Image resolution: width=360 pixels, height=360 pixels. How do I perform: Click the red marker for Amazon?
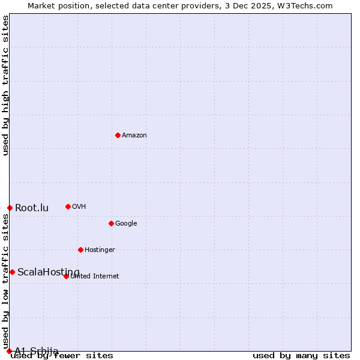click(x=118, y=135)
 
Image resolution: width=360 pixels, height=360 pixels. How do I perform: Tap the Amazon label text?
click(x=134, y=136)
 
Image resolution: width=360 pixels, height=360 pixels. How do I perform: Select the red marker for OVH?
click(x=68, y=206)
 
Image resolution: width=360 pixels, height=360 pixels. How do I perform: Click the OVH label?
click(x=79, y=207)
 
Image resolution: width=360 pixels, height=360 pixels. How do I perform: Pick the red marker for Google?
click(x=111, y=223)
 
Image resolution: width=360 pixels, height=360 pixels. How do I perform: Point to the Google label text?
click(x=126, y=224)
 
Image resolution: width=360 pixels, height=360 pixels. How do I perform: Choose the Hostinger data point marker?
click(x=80, y=250)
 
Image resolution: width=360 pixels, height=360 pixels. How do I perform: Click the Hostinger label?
click(x=100, y=250)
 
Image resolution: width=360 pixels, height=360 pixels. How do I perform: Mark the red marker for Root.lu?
click(x=10, y=208)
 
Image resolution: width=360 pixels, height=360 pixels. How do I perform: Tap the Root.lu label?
click(x=32, y=208)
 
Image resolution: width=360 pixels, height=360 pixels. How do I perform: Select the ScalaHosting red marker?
click(x=12, y=272)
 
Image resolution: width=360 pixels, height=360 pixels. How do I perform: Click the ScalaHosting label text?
click(x=48, y=272)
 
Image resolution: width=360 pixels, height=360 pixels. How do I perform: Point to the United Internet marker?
click(x=66, y=276)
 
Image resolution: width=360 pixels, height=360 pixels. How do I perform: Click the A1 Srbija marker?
click(x=9, y=351)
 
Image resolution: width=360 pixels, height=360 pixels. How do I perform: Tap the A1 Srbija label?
click(x=37, y=351)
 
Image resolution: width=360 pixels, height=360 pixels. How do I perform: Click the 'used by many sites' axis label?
click(x=301, y=356)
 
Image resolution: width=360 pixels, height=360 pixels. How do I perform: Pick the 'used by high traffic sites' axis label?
click(x=6, y=85)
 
